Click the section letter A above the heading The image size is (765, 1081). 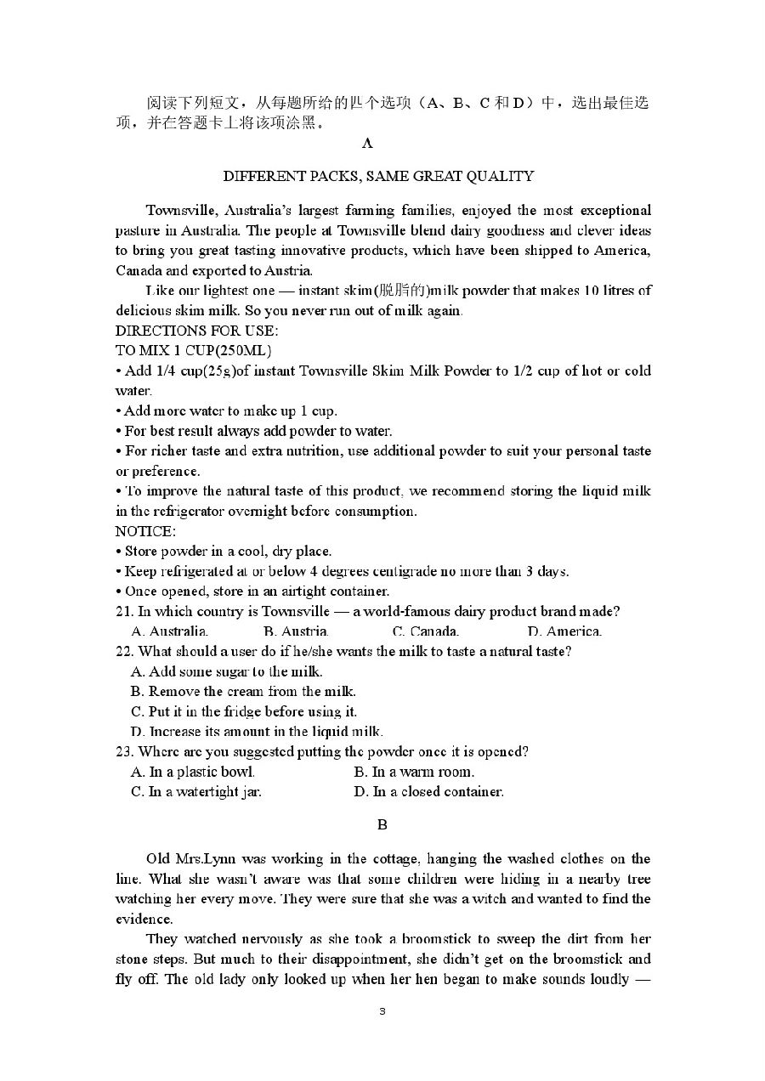pyautogui.click(x=367, y=144)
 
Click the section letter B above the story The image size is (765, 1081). pyautogui.click(x=382, y=824)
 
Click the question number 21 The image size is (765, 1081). pyautogui.click(x=123, y=612)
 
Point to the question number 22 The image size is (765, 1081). pyautogui.click(x=123, y=652)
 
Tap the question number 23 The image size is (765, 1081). pyautogui.click(x=123, y=752)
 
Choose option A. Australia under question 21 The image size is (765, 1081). pyautogui.click(x=170, y=631)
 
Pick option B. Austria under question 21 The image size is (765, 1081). pyautogui.click(x=296, y=631)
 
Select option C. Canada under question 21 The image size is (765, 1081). pyautogui.click(x=426, y=631)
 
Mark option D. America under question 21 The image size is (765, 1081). pyautogui.click(x=564, y=631)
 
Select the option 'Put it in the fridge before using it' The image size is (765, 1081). pyautogui.click(x=244, y=712)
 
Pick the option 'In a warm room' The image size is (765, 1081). pyautogui.click(x=414, y=773)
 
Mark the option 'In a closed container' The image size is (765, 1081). pyautogui.click(x=428, y=792)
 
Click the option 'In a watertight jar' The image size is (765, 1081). pyautogui.click(x=196, y=792)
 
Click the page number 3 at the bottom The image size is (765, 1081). pyautogui.click(x=382, y=1011)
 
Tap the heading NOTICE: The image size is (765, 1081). pyautogui.click(x=145, y=532)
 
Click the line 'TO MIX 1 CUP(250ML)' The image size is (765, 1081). pyautogui.click(x=193, y=350)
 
